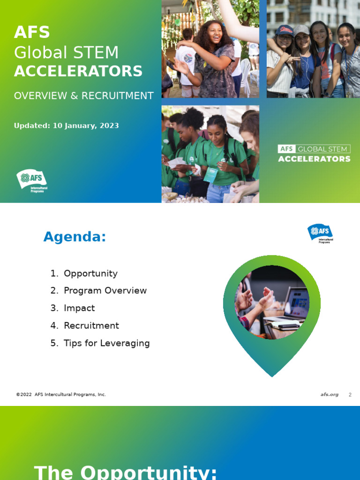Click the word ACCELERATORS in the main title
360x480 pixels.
(78, 71)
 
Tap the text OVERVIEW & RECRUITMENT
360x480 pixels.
(83, 96)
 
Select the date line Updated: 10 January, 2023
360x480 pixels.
(66, 126)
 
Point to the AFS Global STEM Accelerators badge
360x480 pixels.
(314, 154)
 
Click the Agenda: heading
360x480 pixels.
(75, 237)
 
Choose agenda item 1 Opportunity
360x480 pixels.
(90, 273)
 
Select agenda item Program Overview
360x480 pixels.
(105, 291)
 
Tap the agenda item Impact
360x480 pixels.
(79, 308)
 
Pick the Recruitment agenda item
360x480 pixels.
(91, 325)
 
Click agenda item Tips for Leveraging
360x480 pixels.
(106, 343)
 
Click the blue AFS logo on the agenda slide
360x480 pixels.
(320, 233)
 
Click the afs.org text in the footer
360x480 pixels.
(329, 395)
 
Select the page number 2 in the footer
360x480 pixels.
(350, 395)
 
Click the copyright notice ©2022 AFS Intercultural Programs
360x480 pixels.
(61, 395)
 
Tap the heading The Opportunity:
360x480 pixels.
(126, 472)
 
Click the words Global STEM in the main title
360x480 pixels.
(66, 52)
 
